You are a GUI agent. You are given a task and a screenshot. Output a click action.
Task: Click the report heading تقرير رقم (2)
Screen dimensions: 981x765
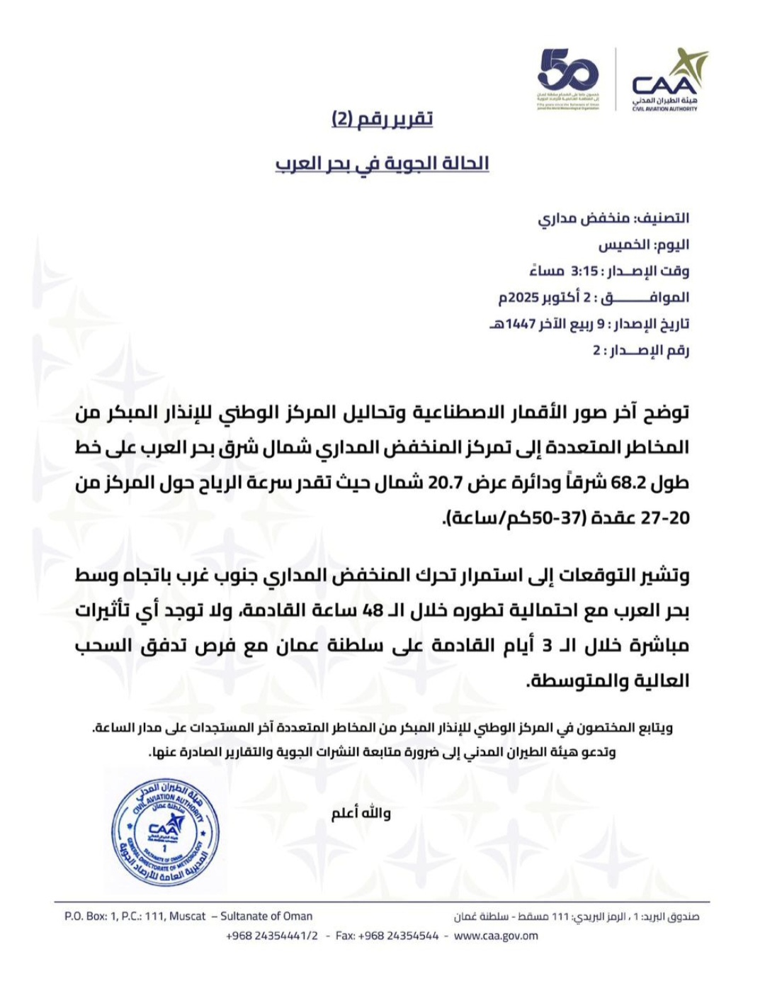click(x=382, y=119)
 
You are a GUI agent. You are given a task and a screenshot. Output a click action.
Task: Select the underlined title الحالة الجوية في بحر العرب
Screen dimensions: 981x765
click(x=382, y=164)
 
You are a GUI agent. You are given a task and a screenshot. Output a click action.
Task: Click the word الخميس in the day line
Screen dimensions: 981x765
click(x=624, y=245)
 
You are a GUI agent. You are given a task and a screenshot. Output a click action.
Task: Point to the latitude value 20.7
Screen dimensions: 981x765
click(x=446, y=483)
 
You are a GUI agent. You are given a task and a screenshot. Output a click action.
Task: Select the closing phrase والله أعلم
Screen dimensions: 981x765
click(x=361, y=813)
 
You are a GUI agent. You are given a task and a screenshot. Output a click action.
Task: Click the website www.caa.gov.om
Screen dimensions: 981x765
click(x=495, y=936)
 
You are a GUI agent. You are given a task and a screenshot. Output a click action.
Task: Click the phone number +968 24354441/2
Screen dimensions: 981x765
click(x=271, y=936)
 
